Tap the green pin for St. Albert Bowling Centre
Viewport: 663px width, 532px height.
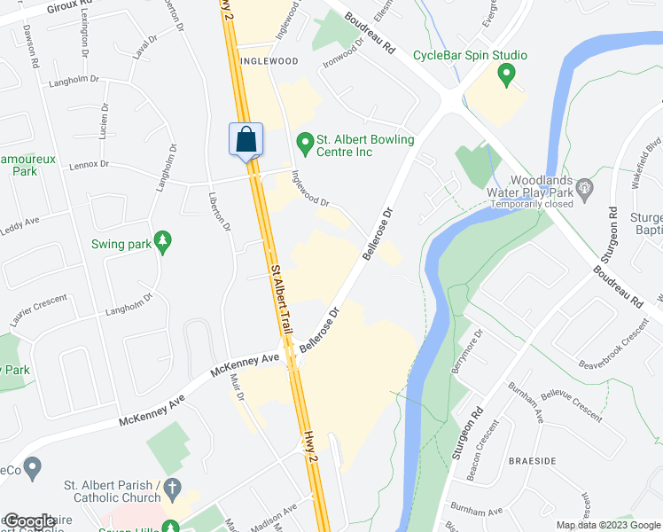tap(304, 141)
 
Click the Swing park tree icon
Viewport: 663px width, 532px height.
tap(161, 240)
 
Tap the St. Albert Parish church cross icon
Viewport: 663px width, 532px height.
tap(172, 488)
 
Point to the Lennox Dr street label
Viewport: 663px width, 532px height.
tap(90, 164)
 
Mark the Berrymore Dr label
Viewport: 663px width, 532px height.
tap(468, 351)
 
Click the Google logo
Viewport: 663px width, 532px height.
tap(28, 521)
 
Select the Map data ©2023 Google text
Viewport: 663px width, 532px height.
tap(608, 525)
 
